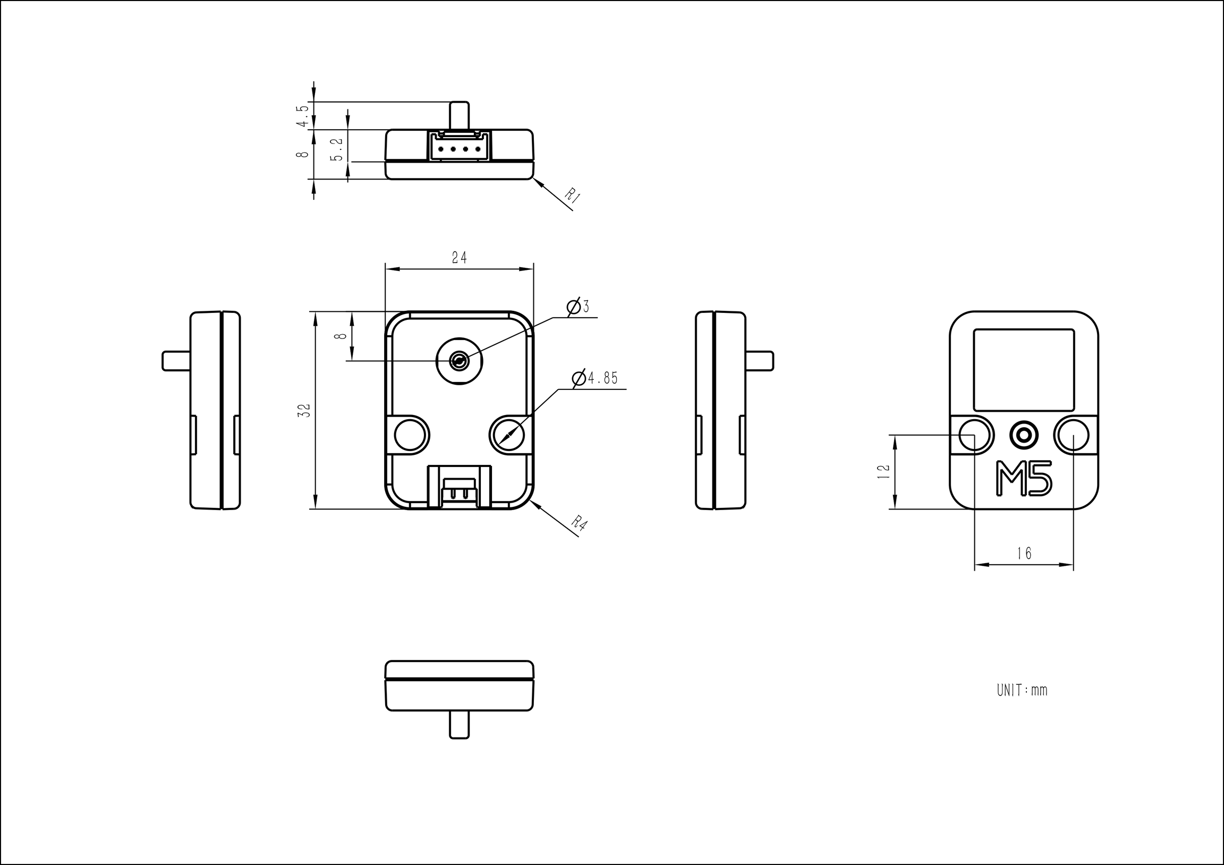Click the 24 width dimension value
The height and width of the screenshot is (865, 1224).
point(459,258)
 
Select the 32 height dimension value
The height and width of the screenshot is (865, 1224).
point(304,410)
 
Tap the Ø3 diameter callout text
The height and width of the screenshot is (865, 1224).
point(579,307)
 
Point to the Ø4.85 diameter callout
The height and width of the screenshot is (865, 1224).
point(596,378)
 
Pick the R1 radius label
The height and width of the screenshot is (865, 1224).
point(572,196)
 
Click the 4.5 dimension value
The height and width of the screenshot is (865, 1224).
point(303,116)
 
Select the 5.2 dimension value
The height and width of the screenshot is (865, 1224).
point(337,150)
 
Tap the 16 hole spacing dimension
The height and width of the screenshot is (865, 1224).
point(1024,554)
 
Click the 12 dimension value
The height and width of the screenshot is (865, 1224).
point(883,471)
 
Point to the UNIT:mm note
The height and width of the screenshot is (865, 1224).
point(1022,691)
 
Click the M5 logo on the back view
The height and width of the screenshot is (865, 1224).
point(1024,478)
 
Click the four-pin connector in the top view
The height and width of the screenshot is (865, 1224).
point(459,147)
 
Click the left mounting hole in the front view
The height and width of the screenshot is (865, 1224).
point(412,435)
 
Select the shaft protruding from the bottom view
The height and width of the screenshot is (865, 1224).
point(459,725)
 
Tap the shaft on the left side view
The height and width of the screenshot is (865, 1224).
point(176,361)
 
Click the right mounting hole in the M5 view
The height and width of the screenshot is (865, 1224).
point(1073,435)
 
